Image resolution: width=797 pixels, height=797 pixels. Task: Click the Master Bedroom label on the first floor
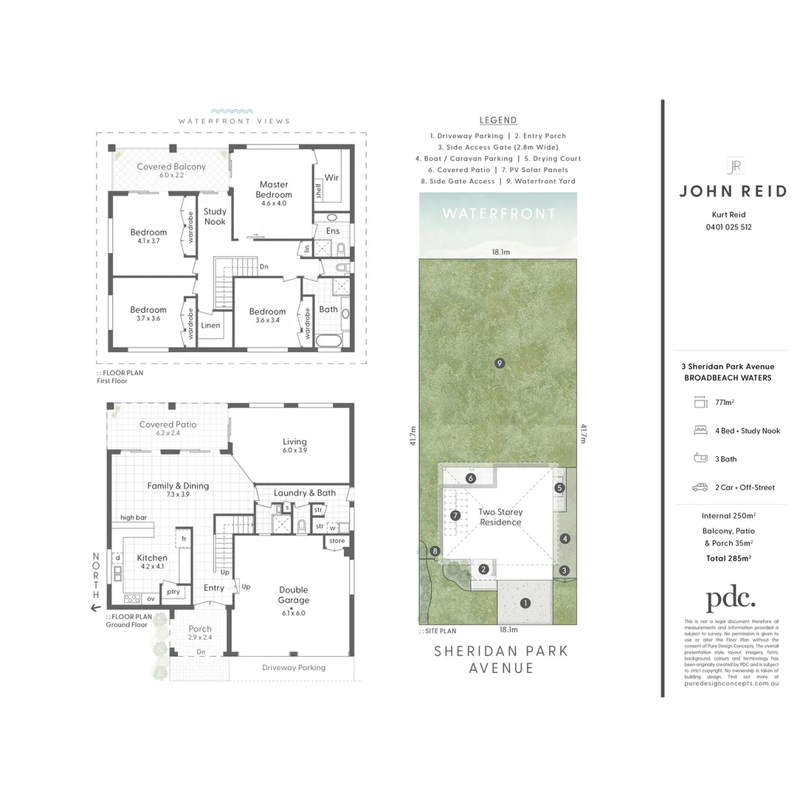click(274, 190)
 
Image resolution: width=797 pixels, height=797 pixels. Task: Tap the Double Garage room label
click(293, 595)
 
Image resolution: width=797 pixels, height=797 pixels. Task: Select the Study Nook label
click(215, 216)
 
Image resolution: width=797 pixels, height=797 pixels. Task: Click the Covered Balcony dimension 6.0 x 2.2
click(171, 176)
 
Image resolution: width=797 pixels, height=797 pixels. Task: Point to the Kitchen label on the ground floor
click(152, 558)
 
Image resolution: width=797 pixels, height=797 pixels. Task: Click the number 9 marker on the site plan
click(500, 362)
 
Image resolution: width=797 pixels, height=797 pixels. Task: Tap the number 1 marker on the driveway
click(525, 603)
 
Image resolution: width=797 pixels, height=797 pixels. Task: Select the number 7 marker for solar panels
click(455, 515)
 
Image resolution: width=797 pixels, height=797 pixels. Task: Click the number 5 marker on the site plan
click(559, 488)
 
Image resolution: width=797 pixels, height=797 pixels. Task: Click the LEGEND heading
click(498, 120)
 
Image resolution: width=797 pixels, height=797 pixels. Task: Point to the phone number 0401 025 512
click(728, 227)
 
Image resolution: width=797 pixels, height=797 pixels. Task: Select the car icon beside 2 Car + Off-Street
click(700, 487)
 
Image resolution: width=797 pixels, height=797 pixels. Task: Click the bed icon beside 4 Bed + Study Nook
click(700, 431)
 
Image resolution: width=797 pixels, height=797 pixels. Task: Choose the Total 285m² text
click(728, 559)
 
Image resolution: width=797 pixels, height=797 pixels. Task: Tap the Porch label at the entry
click(199, 629)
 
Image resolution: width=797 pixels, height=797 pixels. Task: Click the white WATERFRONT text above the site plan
click(499, 214)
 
